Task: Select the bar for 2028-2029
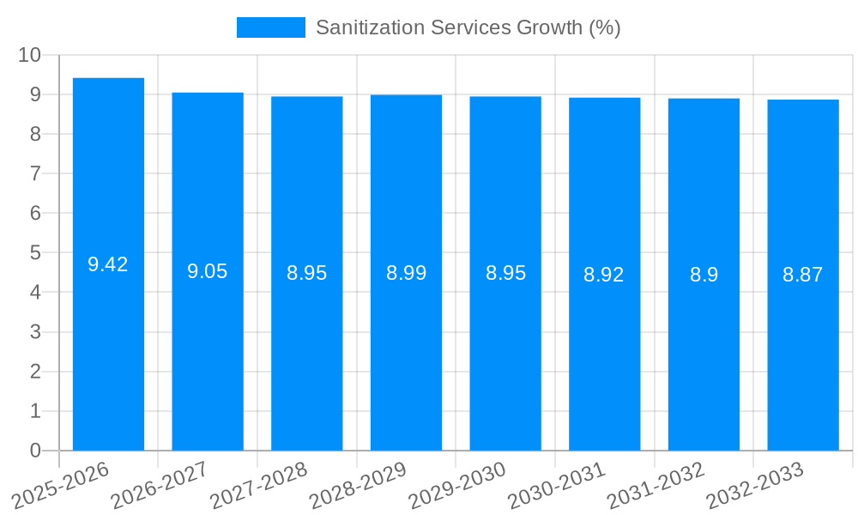point(406,343)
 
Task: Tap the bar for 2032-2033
point(803,343)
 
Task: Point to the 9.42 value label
point(108,264)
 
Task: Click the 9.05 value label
point(208,271)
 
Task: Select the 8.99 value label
point(406,273)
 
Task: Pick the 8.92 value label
point(604,275)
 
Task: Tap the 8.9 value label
point(704,275)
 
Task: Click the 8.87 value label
point(803,275)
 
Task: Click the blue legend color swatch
point(270,27)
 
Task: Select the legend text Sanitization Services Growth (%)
point(468,27)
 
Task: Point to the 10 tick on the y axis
point(30,55)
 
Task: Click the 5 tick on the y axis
point(35,253)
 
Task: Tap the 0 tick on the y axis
point(35,451)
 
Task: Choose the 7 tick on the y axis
point(35,173)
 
